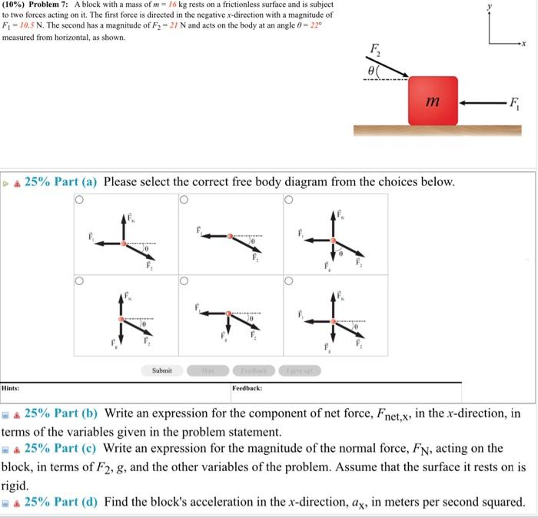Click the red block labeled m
tap(433, 100)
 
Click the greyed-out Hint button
tap(205, 370)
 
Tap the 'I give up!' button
tap(299, 370)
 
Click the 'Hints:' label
tap(11, 389)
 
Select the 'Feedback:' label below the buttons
tap(247, 389)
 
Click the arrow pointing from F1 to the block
tap(483, 101)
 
